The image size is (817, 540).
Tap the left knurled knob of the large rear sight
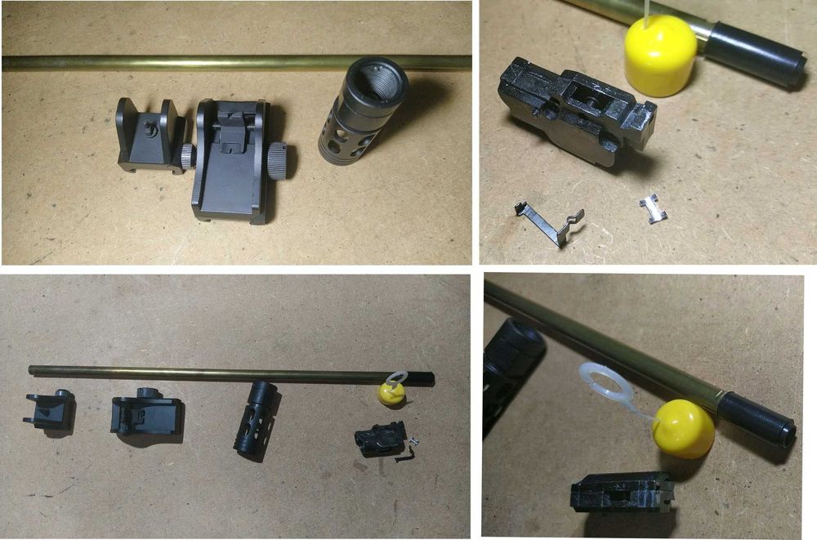point(188,154)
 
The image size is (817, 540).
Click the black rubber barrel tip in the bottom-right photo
point(758,417)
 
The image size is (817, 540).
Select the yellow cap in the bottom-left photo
point(390,395)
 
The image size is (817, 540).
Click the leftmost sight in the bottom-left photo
point(49,411)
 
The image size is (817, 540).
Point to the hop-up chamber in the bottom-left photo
point(379,439)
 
